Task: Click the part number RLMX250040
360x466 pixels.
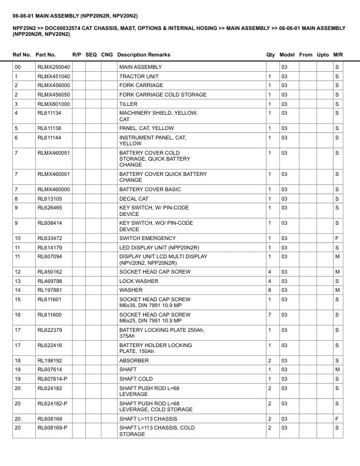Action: point(54,67)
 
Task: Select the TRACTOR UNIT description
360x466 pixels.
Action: point(139,76)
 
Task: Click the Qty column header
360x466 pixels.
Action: point(271,55)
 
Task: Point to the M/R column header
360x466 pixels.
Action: point(338,55)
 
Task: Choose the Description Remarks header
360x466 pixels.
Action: point(144,55)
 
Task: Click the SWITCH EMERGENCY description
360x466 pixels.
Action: point(147,238)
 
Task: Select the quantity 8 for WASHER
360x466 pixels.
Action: point(269,289)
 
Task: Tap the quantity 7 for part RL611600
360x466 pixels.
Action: point(269,315)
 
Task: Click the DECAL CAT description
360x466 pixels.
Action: point(134,199)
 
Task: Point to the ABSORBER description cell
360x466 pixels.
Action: point(134,361)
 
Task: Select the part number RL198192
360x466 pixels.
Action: point(49,361)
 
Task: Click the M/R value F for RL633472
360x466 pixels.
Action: point(337,238)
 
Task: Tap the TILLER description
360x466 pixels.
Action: point(128,104)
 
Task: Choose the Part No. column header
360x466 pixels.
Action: point(46,55)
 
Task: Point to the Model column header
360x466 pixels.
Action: point(287,55)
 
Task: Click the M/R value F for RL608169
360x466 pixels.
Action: point(337,418)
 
